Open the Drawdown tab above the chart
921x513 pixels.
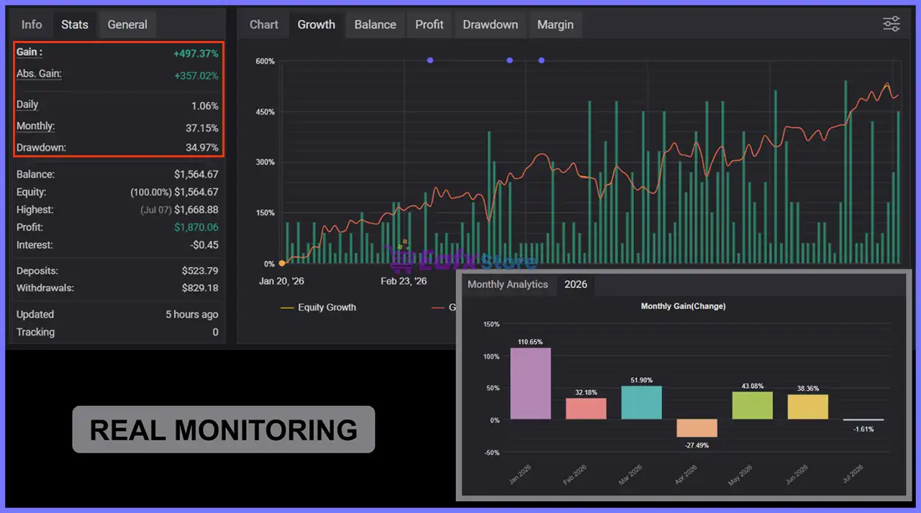[x=490, y=24]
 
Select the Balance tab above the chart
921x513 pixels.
[x=375, y=24]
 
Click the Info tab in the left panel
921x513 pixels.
[x=32, y=24]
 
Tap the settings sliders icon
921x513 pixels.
[x=891, y=24]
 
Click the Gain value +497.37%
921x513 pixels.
[x=196, y=54]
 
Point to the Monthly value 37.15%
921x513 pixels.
[x=202, y=128]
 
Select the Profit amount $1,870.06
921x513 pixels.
[x=196, y=227]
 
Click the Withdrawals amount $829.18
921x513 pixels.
[x=200, y=288]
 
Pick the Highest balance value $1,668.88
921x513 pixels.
[x=196, y=210]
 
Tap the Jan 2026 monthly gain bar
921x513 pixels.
[x=530, y=384]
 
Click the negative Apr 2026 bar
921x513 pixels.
[x=697, y=428]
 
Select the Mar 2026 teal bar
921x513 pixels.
[x=641, y=402]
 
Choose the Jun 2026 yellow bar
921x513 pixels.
[x=808, y=407]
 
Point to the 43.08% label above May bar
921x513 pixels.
[x=753, y=386]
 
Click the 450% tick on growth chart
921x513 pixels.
[x=266, y=112]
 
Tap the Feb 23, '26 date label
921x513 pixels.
[x=404, y=281]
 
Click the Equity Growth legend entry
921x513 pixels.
[x=318, y=308]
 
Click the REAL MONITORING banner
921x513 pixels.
[x=224, y=430]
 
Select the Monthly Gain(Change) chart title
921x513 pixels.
[x=683, y=306]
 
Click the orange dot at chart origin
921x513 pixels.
[x=282, y=264]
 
